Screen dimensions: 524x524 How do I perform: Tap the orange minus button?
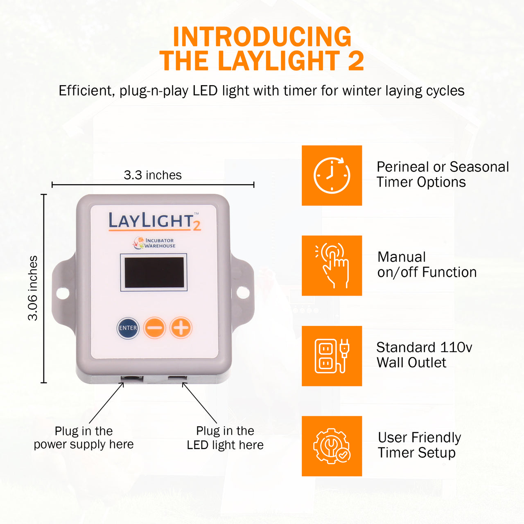(154, 327)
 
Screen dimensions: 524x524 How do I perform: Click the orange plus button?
(181, 327)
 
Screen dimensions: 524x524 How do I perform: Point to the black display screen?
(154, 273)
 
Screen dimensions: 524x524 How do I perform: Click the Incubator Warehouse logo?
(154, 243)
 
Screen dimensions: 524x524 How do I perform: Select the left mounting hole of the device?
(62, 293)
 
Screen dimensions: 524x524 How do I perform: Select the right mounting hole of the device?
(243, 292)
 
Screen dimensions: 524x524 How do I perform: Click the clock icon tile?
(332, 175)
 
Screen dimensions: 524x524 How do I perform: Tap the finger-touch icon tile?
(332, 265)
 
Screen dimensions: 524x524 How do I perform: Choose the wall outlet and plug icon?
(332, 356)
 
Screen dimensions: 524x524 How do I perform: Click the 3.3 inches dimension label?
(153, 175)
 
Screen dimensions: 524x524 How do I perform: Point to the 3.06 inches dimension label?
(33, 288)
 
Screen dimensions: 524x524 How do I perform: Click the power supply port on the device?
(131, 379)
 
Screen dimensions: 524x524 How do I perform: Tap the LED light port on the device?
(177, 378)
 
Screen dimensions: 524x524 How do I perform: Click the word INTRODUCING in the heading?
(262, 37)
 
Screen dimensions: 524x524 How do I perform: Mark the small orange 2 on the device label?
(196, 225)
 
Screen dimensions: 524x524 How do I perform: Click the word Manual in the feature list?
(402, 257)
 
